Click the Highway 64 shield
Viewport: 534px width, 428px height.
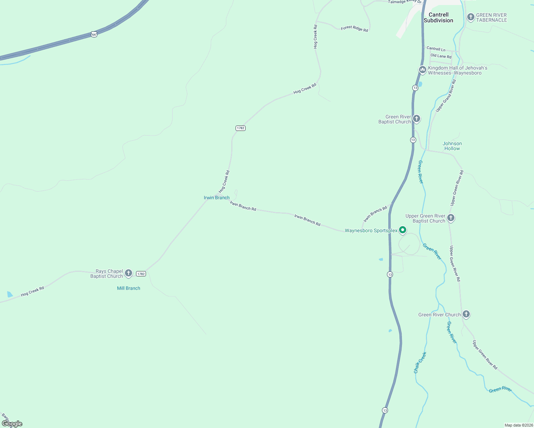[94, 34]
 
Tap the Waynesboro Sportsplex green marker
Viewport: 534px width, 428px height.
[402, 230]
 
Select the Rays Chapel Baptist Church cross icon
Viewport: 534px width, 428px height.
[129, 273]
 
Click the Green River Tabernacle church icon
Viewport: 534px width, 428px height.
[470, 17]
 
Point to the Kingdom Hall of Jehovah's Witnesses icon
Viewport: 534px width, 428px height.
[422, 70]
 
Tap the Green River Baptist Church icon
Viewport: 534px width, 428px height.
[416, 118]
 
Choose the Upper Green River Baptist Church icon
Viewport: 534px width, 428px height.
[450, 218]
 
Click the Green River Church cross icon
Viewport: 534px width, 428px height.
[466, 314]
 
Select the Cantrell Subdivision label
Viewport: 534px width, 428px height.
[438, 17]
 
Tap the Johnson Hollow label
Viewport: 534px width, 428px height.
[452, 146]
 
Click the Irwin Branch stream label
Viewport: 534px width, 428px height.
[217, 198]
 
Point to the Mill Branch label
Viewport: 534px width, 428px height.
[129, 288]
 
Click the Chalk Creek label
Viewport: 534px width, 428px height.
[420, 362]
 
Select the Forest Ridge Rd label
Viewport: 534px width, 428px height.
[354, 29]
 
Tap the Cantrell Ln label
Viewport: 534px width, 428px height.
[436, 49]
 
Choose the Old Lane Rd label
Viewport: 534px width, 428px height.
[441, 56]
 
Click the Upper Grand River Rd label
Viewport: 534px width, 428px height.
[446, 96]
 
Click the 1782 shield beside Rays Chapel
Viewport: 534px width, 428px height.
[141, 274]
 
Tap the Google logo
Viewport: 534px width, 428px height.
[12, 424]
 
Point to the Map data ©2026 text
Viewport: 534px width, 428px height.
[518, 425]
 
